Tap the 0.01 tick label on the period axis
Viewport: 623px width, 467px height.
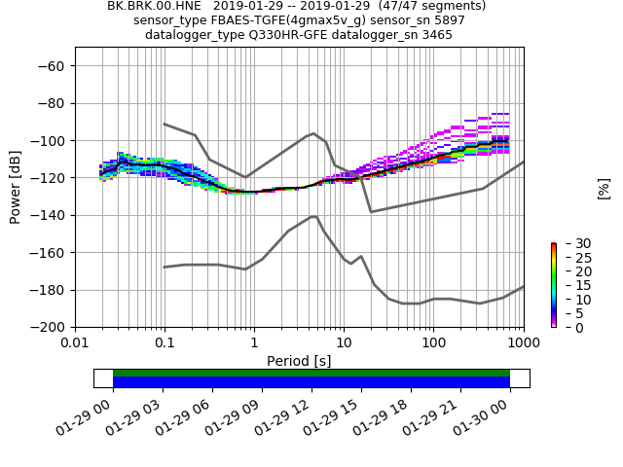pos(75,343)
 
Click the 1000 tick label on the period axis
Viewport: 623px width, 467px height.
pos(523,343)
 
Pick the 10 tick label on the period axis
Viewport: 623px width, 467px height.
pos(344,343)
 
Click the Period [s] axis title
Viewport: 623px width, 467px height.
pos(299,361)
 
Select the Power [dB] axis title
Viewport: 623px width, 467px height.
pos(16,187)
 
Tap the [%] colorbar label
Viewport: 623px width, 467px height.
pos(604,188)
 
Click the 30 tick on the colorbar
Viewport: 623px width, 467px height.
pos(569,243)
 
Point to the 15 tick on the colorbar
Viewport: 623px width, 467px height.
pos(569,285)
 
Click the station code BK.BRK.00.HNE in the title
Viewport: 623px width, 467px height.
pos(148,6)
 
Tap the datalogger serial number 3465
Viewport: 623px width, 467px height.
pos(435,35)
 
